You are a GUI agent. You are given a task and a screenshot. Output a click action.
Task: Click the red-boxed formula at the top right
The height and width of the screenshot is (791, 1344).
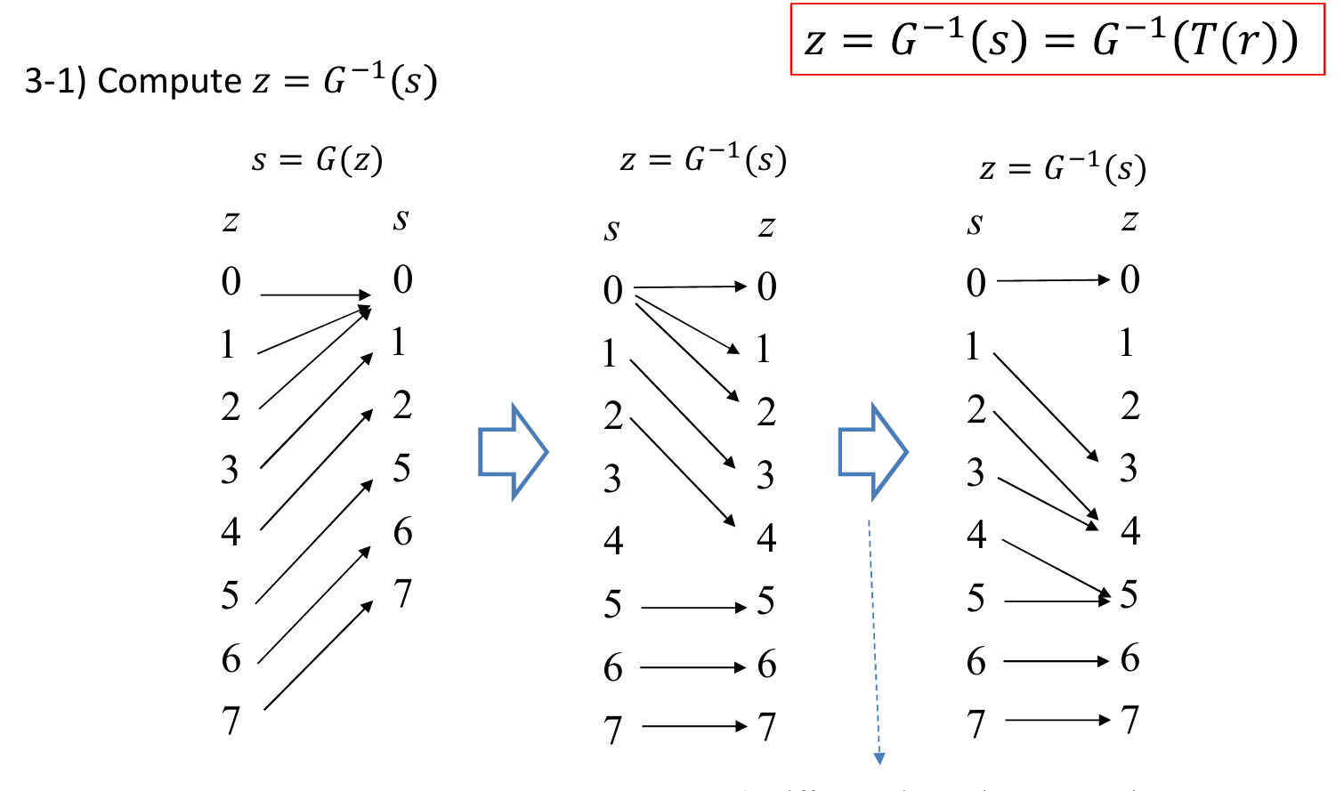coord(1057,40)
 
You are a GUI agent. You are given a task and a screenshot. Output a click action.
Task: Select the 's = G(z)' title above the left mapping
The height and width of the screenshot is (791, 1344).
coord(317,160)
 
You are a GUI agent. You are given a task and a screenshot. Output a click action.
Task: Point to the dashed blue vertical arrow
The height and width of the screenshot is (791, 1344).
coord(874,641)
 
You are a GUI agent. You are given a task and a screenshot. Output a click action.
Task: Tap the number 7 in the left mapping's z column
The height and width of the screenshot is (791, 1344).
coord(231,720)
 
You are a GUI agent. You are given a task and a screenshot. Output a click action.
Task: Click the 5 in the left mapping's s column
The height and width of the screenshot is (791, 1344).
coord(402,468)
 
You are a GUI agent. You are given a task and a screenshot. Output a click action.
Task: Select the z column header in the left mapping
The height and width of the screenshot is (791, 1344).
coord(231,221)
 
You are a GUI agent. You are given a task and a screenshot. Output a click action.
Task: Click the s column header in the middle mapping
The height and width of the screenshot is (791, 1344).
coord(611,230)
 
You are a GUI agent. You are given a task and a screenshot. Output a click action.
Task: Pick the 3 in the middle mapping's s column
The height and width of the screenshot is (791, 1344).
coord(612,479)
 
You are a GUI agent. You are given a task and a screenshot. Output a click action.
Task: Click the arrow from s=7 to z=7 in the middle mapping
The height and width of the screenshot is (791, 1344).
coord(694,727)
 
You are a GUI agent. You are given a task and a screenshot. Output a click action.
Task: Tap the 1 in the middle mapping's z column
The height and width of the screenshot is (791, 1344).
coord(763,350)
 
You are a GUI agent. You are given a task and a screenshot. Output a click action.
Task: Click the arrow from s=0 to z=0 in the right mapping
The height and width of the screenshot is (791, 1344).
coord(1053,280)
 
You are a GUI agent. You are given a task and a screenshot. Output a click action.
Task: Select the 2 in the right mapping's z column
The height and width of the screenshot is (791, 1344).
coord(1130,406)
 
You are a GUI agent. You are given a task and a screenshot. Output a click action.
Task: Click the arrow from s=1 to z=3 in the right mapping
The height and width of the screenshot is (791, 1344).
coord(1046,407)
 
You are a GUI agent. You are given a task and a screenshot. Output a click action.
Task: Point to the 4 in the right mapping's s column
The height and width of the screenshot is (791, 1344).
coord(976,534)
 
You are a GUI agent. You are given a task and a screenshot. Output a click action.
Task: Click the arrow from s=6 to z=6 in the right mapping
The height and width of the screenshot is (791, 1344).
coord(1057,661)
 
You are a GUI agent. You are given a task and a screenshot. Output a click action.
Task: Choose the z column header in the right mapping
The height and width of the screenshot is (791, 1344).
coord(1130,221)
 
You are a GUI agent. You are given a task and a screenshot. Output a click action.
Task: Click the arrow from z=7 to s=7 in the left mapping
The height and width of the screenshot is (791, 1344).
coord(318,657)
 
